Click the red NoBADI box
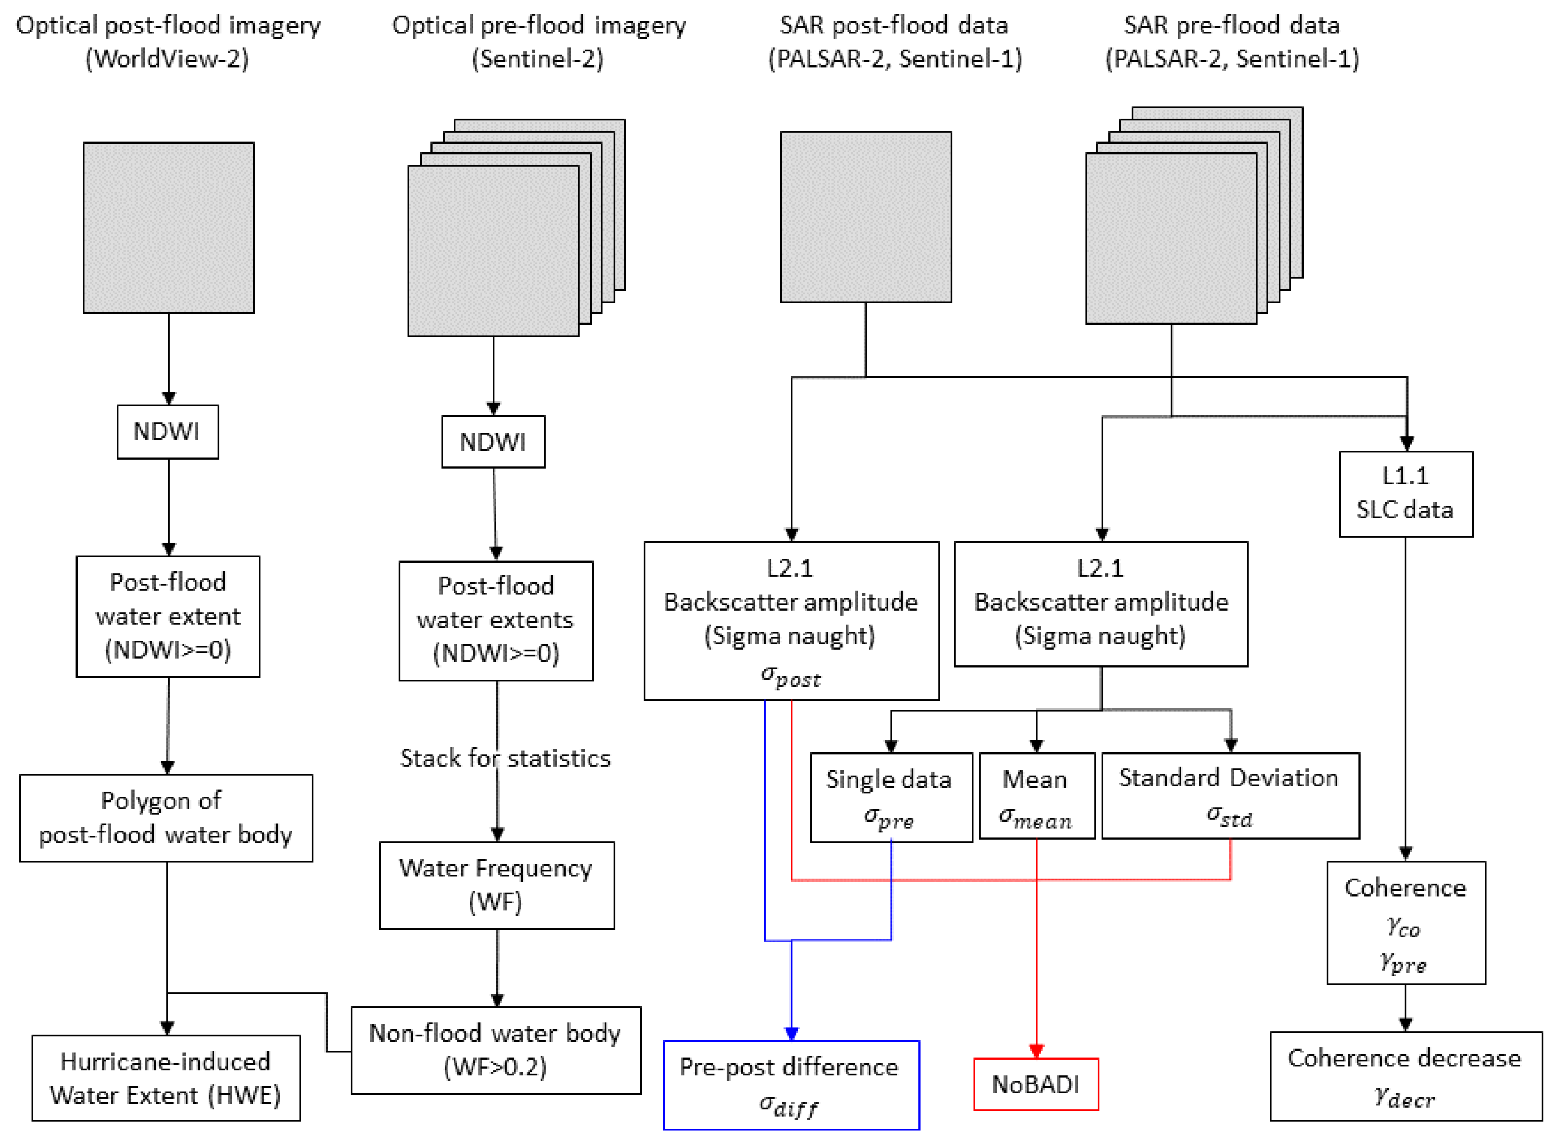point(1036,1084)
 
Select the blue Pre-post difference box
point(791,1085)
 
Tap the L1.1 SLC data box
point(1405,494)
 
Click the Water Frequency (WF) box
point(496,885)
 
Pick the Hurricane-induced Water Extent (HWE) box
point(166,1078)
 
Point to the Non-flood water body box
point(496,1051)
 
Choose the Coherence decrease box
point(1405,1076)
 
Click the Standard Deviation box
point(1230,796)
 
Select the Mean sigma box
point(1037,796)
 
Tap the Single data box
point(891,797)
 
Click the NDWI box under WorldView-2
point(168,432)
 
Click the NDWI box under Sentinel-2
point(493,442)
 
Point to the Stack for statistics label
point(505,758)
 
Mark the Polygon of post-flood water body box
point(166,818)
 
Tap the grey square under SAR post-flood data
point(866,217)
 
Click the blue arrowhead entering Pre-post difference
point(791,1033)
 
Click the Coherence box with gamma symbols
point(1405,922)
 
